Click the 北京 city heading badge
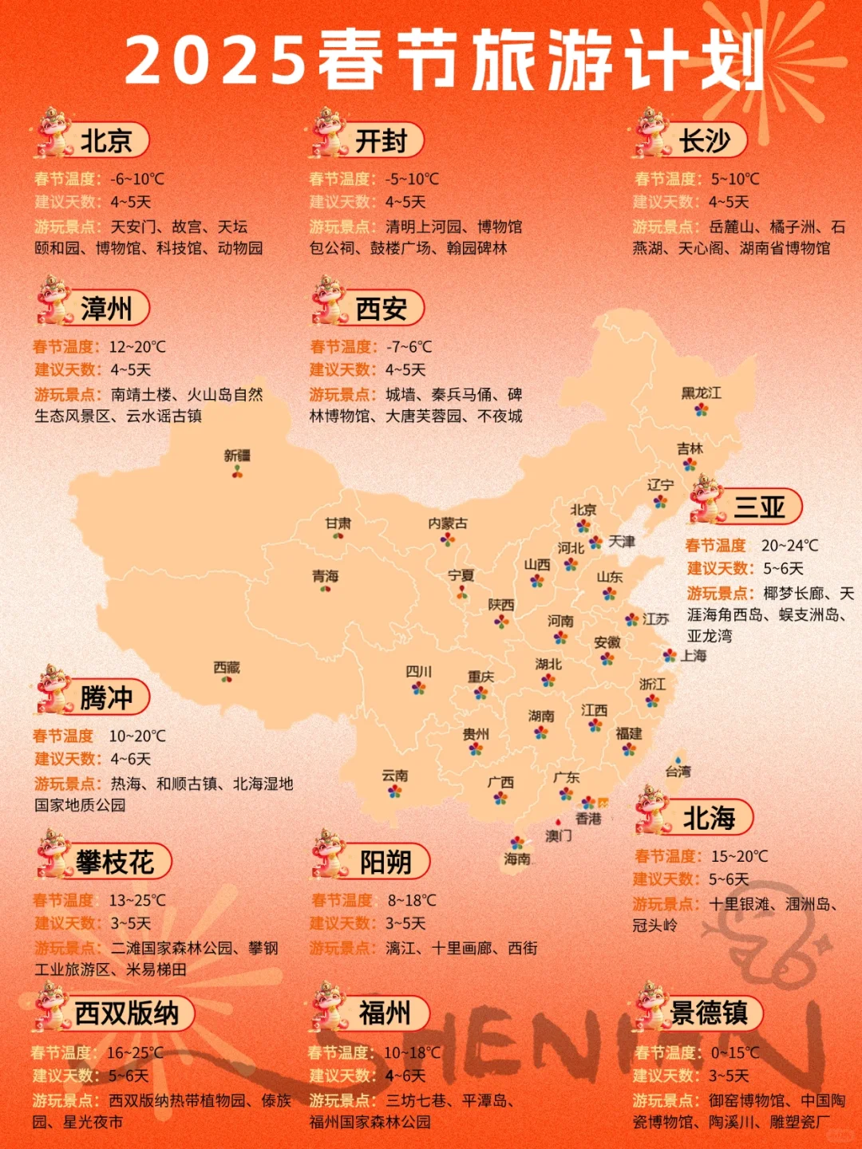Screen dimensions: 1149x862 pos(106,141)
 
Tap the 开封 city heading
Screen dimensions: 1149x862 pos(382,141)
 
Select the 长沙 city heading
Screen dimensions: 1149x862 pos(705,141)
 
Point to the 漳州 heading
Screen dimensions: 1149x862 pos(106,309)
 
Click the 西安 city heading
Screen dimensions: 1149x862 pos(382,309)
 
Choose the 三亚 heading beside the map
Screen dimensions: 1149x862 pos(759,507)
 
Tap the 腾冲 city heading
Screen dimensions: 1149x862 pos(106,698)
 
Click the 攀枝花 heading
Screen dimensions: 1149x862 pos(116,863)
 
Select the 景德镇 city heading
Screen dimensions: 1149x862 pos(710,1013)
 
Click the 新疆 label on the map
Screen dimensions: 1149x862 pos(237,456)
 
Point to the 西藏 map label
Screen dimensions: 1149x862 pos(227,667)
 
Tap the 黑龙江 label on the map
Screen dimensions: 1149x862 pos(701,393)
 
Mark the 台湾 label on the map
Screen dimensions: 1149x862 pos(678,772)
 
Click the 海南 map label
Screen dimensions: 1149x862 pos(517,859)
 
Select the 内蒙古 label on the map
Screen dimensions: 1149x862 pos(448,523)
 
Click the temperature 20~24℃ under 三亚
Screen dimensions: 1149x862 pos(789,546)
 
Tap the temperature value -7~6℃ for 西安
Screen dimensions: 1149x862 pos(409,347)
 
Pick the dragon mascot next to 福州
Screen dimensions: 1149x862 pos(329,1007)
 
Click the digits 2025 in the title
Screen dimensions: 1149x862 pos(215,61)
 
